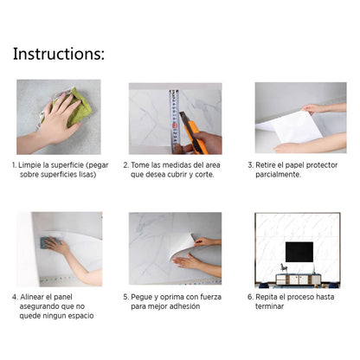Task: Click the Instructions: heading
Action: click(x=59, y=54)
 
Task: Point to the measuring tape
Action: click(x=175, y=121)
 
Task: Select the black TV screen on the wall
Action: click(x=299, y=252)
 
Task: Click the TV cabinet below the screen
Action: click(x=299, y=280)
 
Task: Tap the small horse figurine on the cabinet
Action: click(x=284, y=268)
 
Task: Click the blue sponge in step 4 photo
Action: click(x=48, y=242)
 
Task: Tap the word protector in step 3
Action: click(x=322, y=165)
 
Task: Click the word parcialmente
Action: click(x=278, y=175)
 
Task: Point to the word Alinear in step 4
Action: click(x=32, y=297)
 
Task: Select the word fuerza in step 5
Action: click(x=210, y=297)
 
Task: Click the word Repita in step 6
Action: click(x=267, y=297)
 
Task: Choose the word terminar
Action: click(x=269, y=306)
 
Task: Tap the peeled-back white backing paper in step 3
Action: click(x=289, y=128)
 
